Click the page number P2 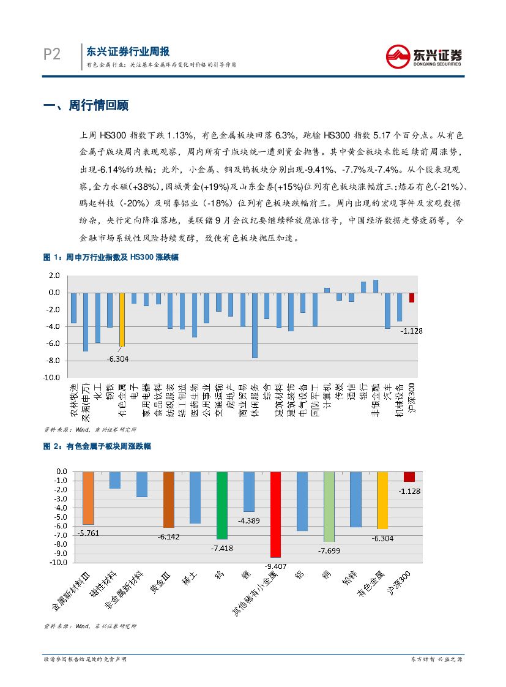pyautogui.click(x=52, y=54)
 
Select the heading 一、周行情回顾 pyautogui.click(x=86, y=105)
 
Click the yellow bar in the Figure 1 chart pyautogui.click(x=122, y=319)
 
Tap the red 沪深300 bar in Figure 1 pyautogui.click(x=412, y=297)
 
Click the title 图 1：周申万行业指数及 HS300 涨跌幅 pyautogui.click(x=111, y=258)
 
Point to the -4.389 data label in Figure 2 pyautogui.click(x=250, y=520)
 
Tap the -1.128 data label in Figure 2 pyautogui.click(x=409, y=491)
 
